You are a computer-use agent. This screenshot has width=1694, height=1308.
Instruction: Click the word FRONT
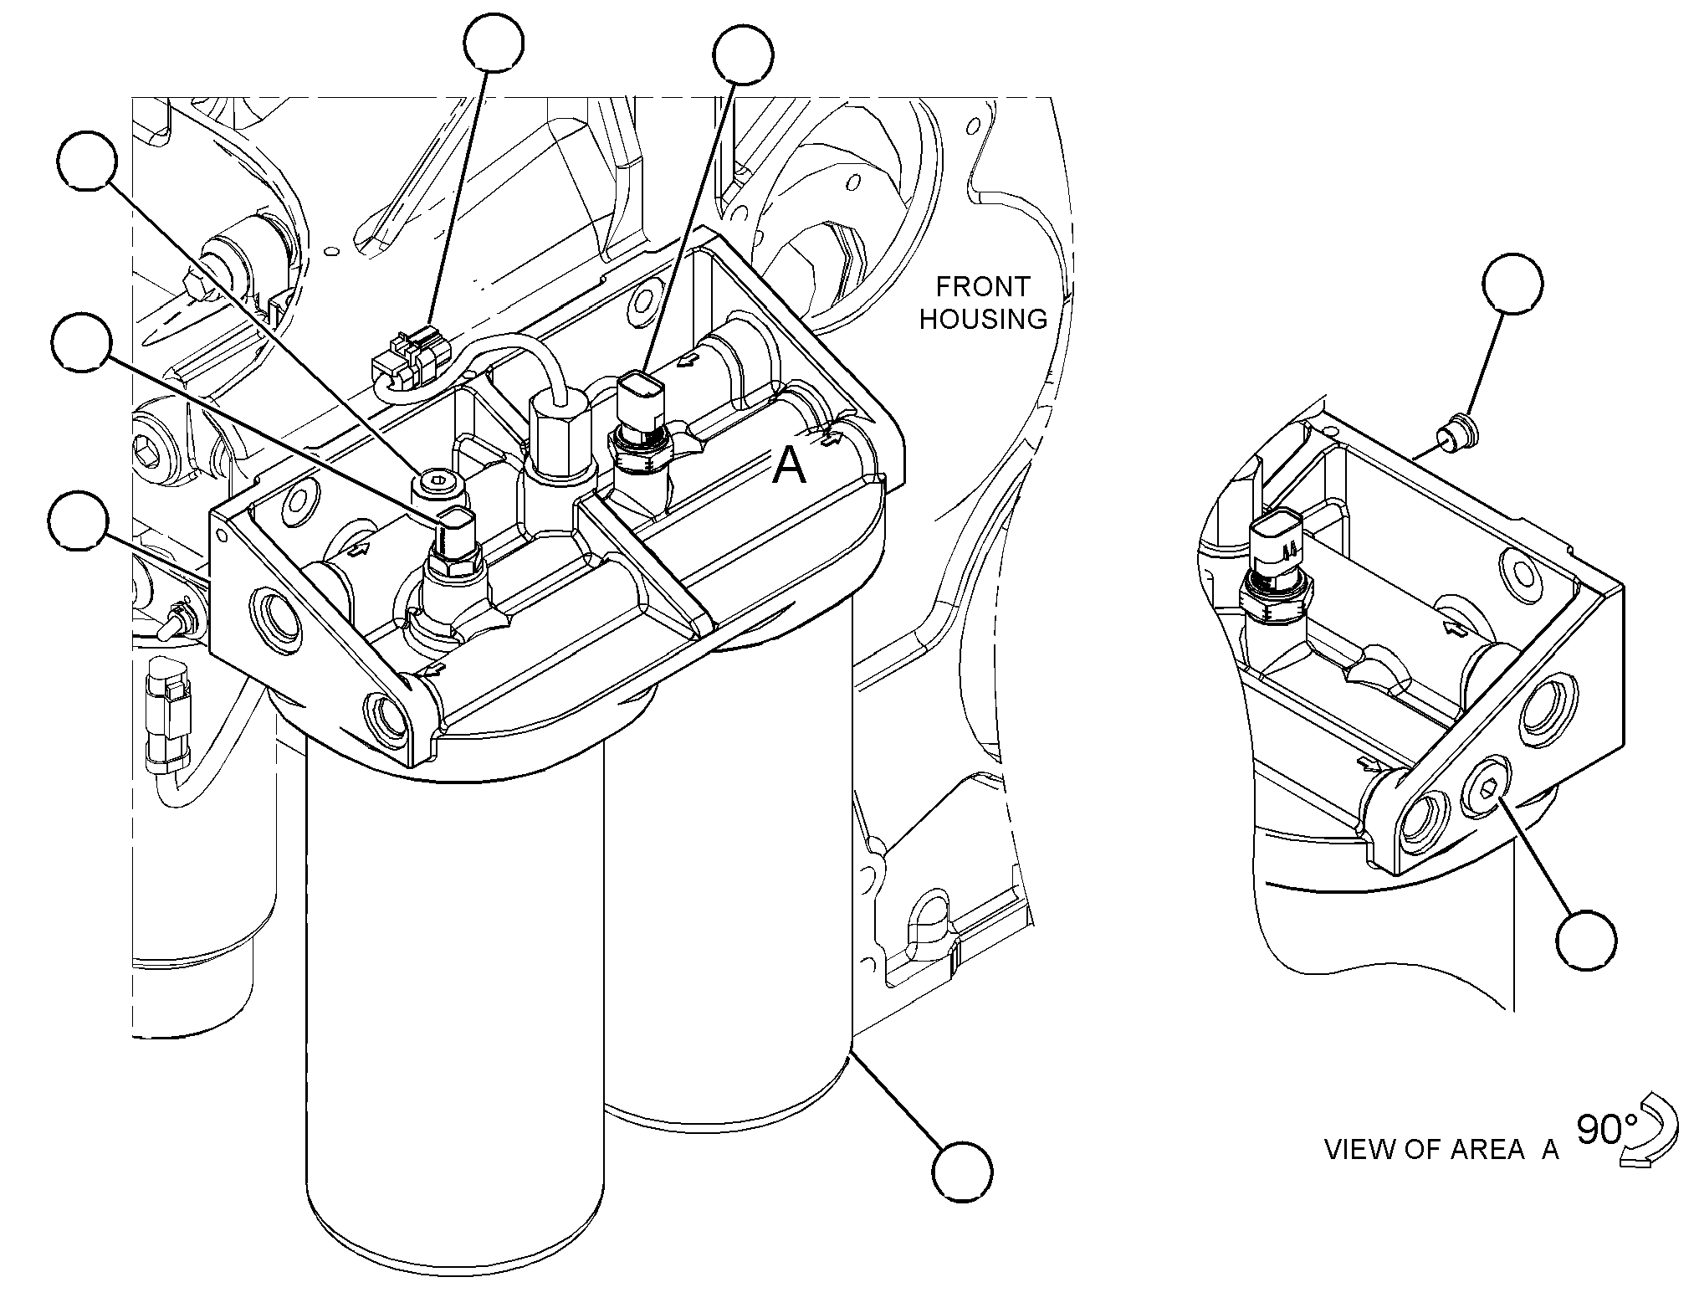[x=982, y=287]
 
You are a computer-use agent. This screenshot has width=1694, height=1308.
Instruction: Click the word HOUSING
[x=983, y=319]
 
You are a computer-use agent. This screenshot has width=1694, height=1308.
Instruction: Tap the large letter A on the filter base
[x=789, y=465]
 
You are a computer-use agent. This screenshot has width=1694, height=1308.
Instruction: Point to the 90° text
[x=1600, y=1131]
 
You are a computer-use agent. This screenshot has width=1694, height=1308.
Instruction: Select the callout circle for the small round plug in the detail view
[x=1512, y=284]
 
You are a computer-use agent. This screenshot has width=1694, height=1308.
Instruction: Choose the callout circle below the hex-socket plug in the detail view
[x=1586, y=940]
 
